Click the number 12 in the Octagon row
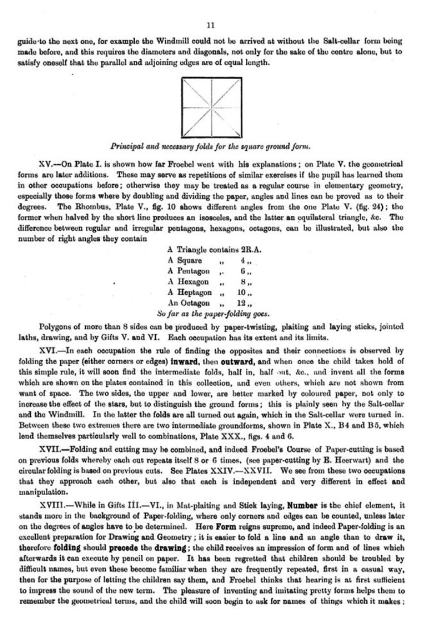pyautogui.click(x=243, y=303)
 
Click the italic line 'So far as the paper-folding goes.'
pyautogui.click(x=213, y=314)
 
